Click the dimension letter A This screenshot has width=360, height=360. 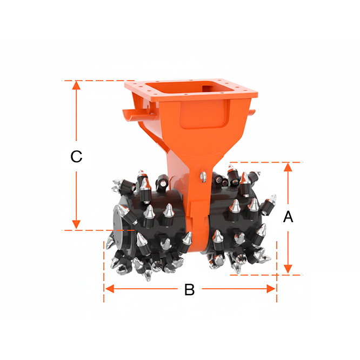point(288,217)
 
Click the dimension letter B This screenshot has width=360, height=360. point(189,290)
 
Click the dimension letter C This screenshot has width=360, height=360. point(76,157)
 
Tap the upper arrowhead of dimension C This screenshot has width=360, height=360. point(76,85)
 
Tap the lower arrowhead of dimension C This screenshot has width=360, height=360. point(76,224)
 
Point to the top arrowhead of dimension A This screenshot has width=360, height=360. point(288,167)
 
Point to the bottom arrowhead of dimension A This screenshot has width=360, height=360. point(288,269)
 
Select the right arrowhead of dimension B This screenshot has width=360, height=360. point(271,289)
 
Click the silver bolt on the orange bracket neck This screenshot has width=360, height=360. point(203,176)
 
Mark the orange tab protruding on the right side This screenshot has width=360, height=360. point(252,112)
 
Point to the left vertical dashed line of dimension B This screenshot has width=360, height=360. point(104,271)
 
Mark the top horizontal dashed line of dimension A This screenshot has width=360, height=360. point(266,162)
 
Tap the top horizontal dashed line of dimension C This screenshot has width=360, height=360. point(98,81)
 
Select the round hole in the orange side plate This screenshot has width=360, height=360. point(146,105)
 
